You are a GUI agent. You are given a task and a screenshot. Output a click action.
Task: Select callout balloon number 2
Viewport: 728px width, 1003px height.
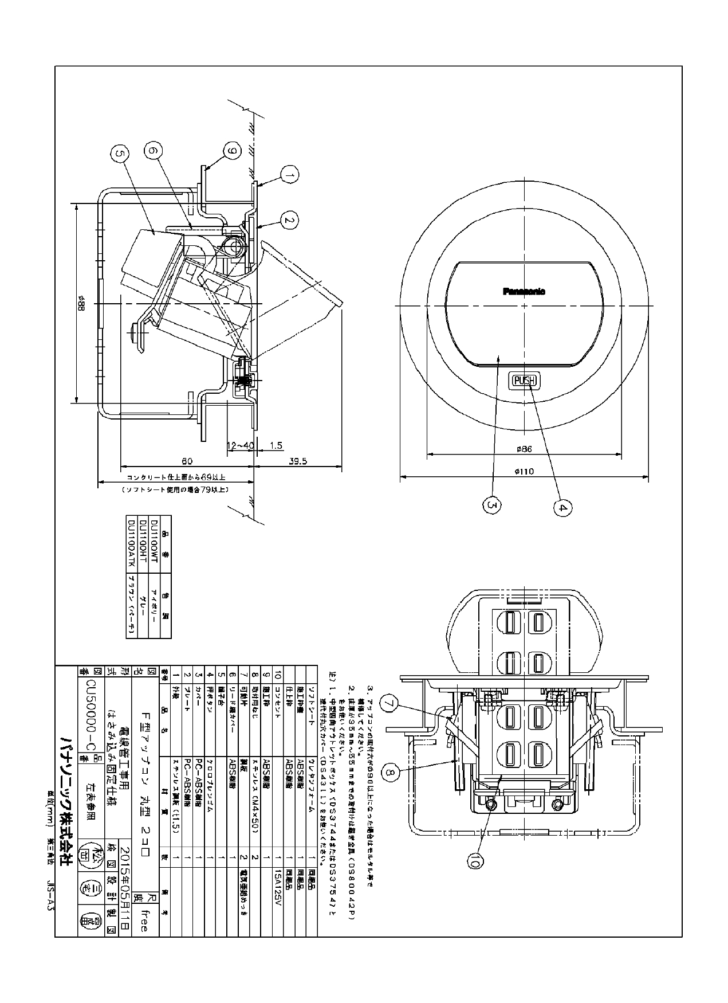click(290, 219)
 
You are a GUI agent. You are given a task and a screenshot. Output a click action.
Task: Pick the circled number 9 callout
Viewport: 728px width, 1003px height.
click(231, 152)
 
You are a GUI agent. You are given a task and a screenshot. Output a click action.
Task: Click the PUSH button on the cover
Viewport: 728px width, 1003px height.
click(524, 380)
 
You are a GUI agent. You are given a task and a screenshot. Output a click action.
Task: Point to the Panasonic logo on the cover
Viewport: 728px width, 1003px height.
click(524, 291)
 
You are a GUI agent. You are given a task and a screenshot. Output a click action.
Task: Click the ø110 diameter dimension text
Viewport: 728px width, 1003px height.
click(524, 471)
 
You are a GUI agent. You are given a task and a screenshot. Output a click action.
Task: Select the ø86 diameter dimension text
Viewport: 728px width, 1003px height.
click(524, 449)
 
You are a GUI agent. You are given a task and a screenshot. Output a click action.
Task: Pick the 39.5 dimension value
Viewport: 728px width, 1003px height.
click(298, 460)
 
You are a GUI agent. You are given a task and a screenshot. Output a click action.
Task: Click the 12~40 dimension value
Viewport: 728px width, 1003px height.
click(240, 445)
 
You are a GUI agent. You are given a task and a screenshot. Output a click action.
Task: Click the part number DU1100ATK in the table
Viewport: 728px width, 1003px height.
click(132, 542)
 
